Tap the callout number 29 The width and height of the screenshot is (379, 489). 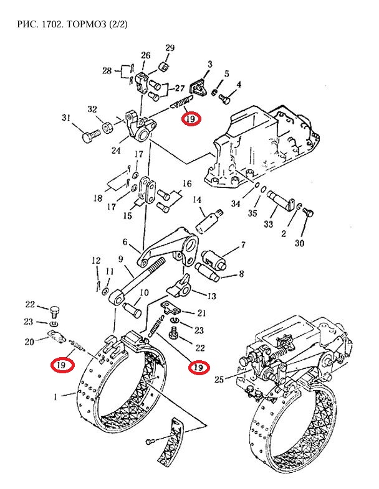pyautogui.click(x=170, y=49)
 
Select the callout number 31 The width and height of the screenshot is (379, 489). pyautogui.click(x=66, y=118)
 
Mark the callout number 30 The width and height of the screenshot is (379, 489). pyautogui.click(x=299, y=243)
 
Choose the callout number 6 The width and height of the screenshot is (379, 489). pyautogui.click(x=125, y=243)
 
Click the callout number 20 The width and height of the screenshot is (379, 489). pyautogui.click(x=29, y=341)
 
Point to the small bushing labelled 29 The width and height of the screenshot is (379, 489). pyautogui.click(x=165, y=66)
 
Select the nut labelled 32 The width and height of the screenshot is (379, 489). pyautogui.click(x=107, y=127)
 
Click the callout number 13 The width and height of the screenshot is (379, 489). pyautogui.click(x=212, y=296)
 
